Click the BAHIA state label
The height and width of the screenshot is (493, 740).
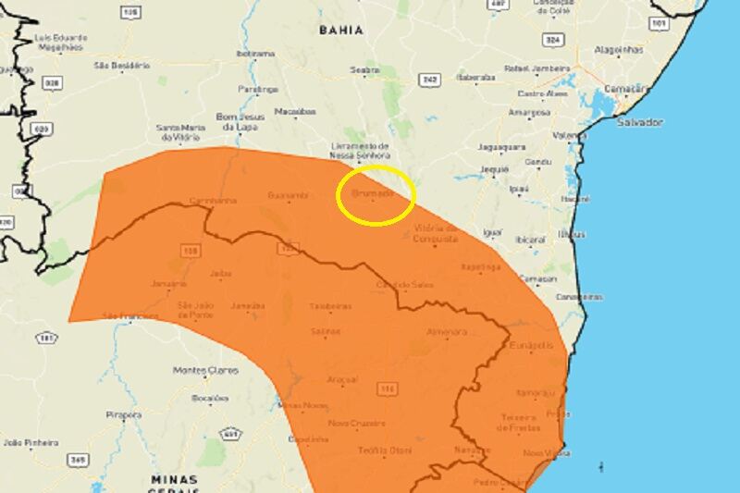point(340,30)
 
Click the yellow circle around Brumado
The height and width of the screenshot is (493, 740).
point(376,196)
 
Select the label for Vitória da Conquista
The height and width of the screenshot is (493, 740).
point(436,233)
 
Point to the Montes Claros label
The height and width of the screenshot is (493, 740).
point(204,370)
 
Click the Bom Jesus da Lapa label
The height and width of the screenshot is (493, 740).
point(240,121)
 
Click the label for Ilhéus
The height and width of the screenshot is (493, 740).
point(572,234)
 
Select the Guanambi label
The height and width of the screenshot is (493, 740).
point(286,196)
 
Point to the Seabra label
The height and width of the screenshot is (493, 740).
point(365,69)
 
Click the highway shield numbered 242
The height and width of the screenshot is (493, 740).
point(429,80)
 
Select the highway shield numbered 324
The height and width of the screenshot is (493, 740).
point(553,41)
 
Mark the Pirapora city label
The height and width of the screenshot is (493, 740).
point(123,414)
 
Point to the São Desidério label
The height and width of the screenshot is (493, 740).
point(120,66)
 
